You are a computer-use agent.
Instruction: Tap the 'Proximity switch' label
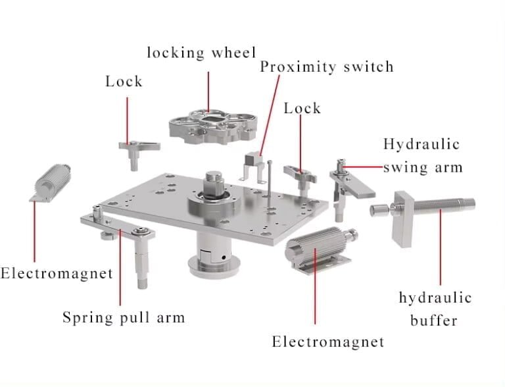[326, 67]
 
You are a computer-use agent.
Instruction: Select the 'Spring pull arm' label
[124, 317]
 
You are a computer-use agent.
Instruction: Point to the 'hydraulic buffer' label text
[435, 309]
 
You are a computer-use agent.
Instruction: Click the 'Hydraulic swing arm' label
[422, 155]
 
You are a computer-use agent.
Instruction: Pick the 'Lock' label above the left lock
[124, 82]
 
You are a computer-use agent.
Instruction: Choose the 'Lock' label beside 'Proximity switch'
[302, 108]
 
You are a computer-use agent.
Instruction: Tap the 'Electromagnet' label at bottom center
[327, 342]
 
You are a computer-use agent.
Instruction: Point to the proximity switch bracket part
[253, 165]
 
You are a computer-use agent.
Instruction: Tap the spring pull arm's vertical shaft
[142, 260]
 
